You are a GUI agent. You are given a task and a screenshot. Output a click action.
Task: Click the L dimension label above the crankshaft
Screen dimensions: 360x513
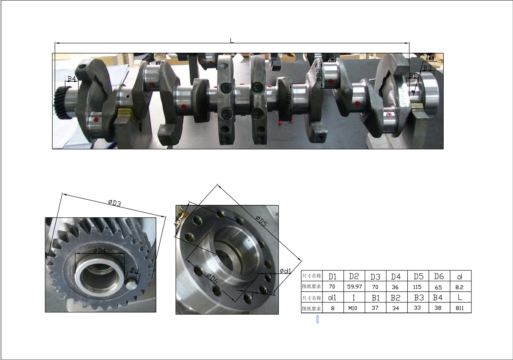pyautogui.click(x=232, y=41)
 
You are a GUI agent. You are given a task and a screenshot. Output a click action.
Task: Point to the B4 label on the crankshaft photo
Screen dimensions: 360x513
pyautogui.click(x=72, y=79)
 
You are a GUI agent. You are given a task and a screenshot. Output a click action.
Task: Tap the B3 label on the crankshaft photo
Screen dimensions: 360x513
pyautogui.click(x=427, y=68)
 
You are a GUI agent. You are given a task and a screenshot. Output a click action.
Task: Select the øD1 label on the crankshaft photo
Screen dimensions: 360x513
pyautogui.click(x=288, y=99)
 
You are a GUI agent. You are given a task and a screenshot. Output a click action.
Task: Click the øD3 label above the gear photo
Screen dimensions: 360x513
pyautogui.click(x=114, y=203)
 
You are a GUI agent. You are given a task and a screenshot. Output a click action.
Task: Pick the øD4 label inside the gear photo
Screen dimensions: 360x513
pyautogui.click(x=99, y=250)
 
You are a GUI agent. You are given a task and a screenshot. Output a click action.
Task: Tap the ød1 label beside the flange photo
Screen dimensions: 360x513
pyautogui.click(x=285, y=271)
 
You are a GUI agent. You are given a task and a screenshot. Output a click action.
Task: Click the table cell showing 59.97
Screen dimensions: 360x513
pyautogui.click(x=354, y=286)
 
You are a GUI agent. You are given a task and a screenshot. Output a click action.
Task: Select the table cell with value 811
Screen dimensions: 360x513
pyautogui.click(x=460, y=308)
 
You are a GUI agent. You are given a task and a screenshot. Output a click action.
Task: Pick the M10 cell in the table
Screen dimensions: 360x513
pyautogui.click(x=354, y=308)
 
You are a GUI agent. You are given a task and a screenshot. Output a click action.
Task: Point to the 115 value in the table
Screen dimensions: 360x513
pyautogui.click(x=418, y=286)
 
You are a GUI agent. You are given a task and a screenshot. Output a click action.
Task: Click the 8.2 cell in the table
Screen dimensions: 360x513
pyautogui.click(x=460, y=286)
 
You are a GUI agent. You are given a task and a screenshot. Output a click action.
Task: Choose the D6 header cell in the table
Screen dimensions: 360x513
pyautogui.click(x=439, y=276)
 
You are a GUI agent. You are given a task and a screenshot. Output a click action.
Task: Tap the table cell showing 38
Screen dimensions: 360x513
pyautogui.click(x=439, y=308)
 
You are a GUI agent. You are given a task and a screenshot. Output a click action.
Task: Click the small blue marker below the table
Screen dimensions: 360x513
pyautogui.click(x=317, y=319)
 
